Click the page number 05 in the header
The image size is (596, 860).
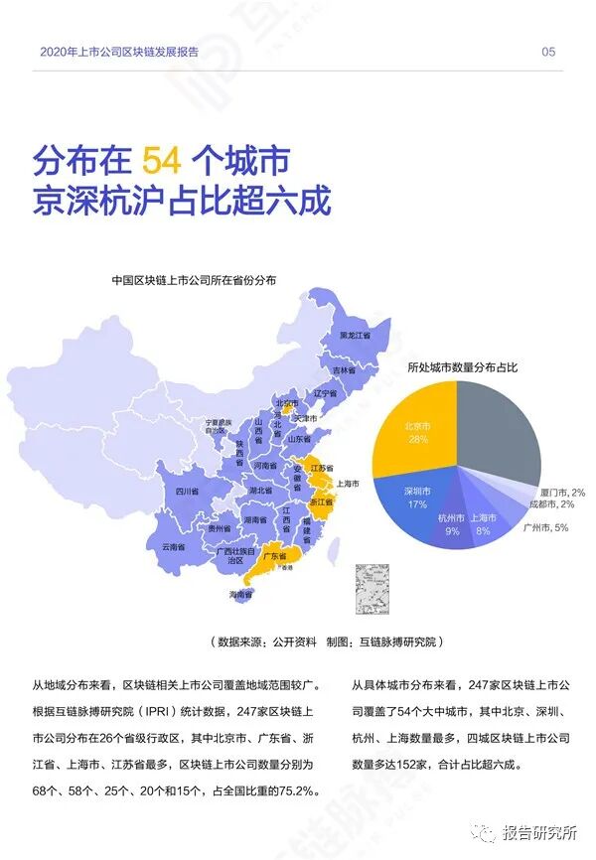click(548, 53)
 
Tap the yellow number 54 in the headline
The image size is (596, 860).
click(161, 159)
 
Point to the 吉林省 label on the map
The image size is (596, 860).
click(343, 369)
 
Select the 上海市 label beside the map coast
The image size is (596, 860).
click(349, 485)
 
